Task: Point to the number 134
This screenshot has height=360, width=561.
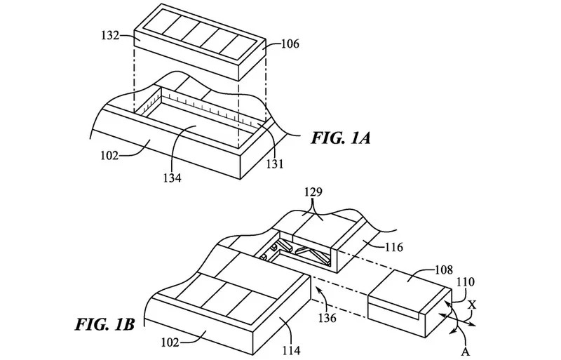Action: point(171,178)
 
